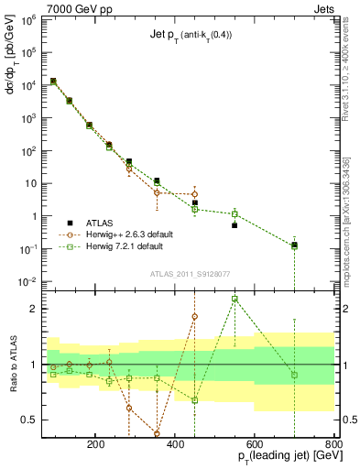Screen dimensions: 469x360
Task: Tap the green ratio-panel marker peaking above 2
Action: pos(235,299)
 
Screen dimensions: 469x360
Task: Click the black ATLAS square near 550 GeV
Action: pos(235,225)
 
